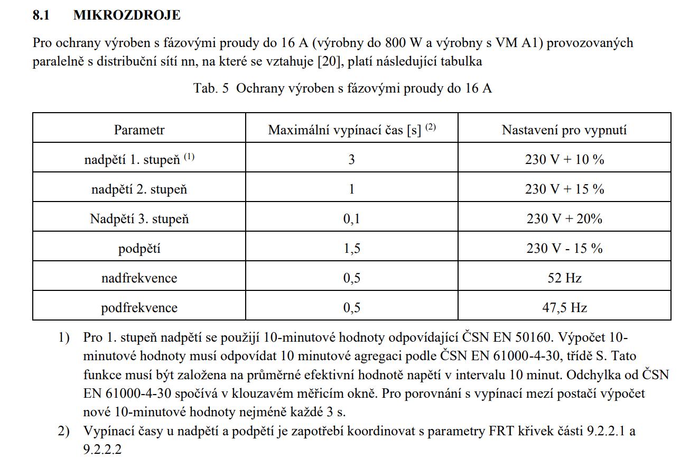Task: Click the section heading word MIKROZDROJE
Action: pyautogui.click(x=127, y=15)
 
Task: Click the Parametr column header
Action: pyautogui.click(x=139, y=130)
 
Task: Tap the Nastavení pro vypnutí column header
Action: pyautogui.click(x=564, y=130)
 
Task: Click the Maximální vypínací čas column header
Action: pyautogui.click(x=351, y=130)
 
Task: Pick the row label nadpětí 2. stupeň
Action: pyautogui.click(x=139, y=189)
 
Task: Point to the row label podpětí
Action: pyautogui.click(x=139, y=249)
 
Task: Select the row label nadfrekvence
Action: pyautogui.click(x=139, y=278)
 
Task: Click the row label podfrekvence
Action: pyautogui.click(x=139, y=307)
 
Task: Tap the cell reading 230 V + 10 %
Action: pyautogui.click(x=564, y=159)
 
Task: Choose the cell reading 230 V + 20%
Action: pyautogui.click(x=564, y=218)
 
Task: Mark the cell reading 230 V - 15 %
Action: pyautogui.click(x=564, y=249)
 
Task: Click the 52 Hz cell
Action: pyautogui.click(x=564, y=278)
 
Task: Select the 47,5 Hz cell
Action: pyautogui.click(x=564, y=307)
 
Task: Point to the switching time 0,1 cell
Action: pyautogui.click(x=351, y=218)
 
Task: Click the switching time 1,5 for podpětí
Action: pyautogui.click(x=351, y=249)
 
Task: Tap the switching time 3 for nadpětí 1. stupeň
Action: pyautogui.click(x=351, y=159)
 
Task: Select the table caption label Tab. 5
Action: pyautogui.click(x=211, y=88)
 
